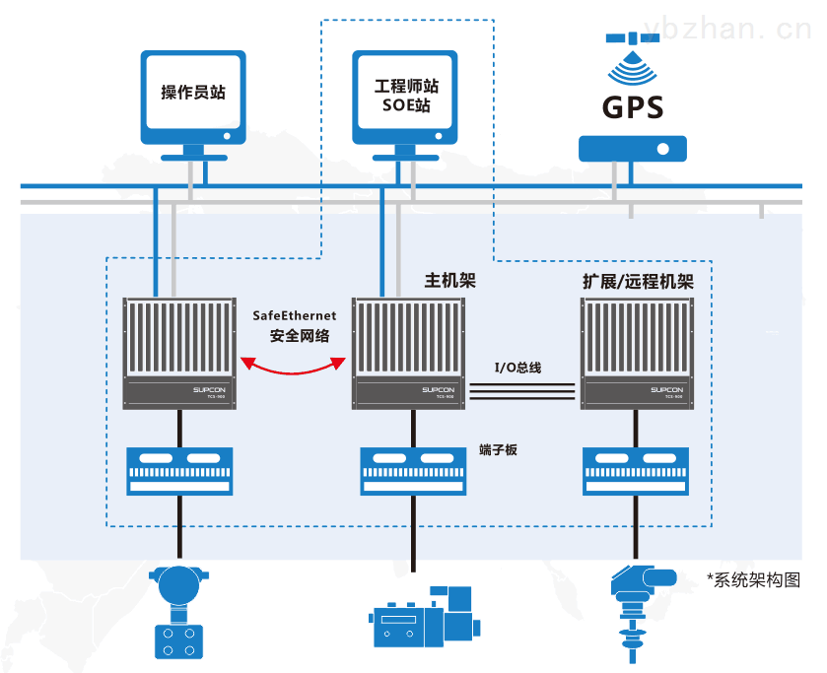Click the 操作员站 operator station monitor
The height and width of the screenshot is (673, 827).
193,93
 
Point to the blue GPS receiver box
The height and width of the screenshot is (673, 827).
632,149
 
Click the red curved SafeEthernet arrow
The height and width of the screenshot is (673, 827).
293,367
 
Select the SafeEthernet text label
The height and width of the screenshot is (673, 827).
295,315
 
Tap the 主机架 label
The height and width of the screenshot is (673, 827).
449,280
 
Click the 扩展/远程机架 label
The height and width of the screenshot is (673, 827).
638,282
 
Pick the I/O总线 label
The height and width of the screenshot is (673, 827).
518,368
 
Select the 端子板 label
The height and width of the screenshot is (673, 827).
498,450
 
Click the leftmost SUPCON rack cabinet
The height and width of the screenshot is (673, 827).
178,352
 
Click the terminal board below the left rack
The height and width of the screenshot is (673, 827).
178,471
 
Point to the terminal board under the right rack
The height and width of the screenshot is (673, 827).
633,471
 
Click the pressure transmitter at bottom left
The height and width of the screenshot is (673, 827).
178,612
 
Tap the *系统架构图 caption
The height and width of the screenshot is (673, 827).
753,580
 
